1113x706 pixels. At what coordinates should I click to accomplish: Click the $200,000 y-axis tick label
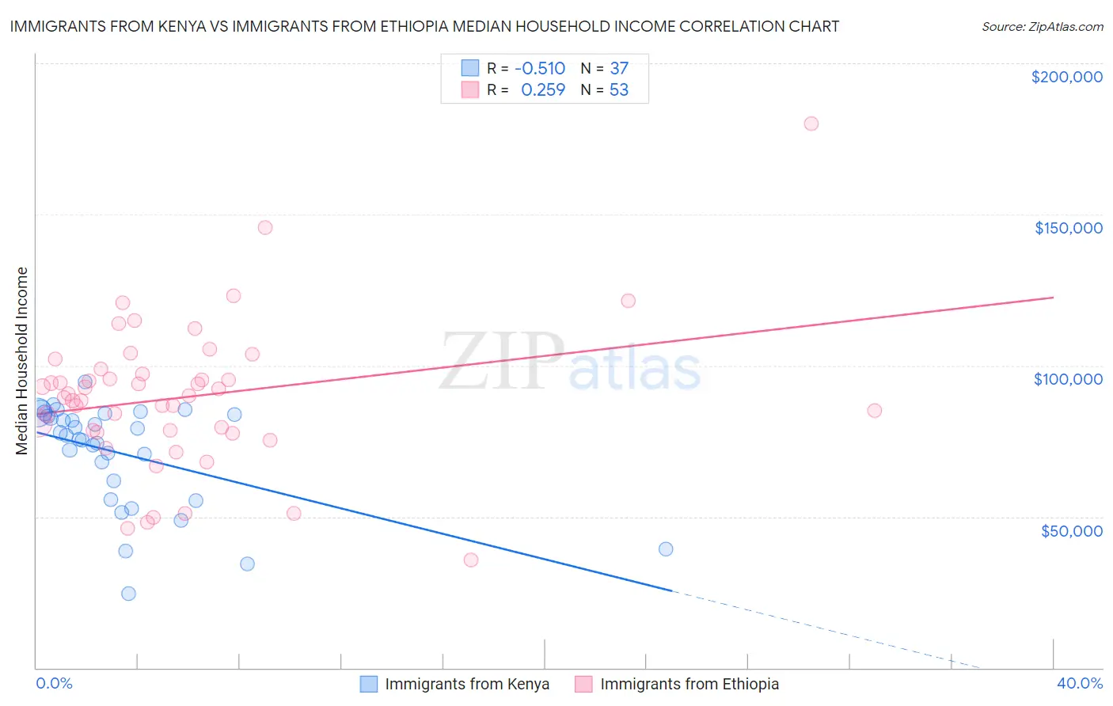pos(1066,77)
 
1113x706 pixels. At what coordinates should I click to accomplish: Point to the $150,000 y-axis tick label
pos(1068,228)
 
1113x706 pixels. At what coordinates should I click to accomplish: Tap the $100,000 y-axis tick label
pos(1068,379)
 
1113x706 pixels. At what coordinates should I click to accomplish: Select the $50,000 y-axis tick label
pos(1071,531)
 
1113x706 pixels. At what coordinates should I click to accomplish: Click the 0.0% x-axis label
pos(54,683)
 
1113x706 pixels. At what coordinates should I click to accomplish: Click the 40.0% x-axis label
pos(1079,683)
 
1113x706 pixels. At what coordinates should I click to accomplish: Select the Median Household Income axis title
pos(22,361)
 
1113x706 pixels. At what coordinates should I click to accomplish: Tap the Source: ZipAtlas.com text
pos(1042,27)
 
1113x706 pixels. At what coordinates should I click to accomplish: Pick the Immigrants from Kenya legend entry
pos(454,684)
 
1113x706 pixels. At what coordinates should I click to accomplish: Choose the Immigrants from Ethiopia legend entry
pos(677,684)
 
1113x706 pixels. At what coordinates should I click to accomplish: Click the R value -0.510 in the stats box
pos(539,68)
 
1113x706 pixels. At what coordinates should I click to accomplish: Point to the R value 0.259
pos(543,89)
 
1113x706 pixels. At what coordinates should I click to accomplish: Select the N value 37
pos(618,68)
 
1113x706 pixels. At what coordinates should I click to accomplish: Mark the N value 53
pos(618,89)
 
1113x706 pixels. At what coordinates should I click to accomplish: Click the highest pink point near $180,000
pos(811,123)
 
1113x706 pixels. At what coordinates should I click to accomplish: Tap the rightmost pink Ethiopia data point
pos(874,411)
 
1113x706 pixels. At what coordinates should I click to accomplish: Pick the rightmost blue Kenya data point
pos(666,549)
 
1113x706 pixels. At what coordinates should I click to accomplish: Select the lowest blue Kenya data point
pos(128,594)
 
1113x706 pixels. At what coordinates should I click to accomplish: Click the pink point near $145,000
pos(265,228)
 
